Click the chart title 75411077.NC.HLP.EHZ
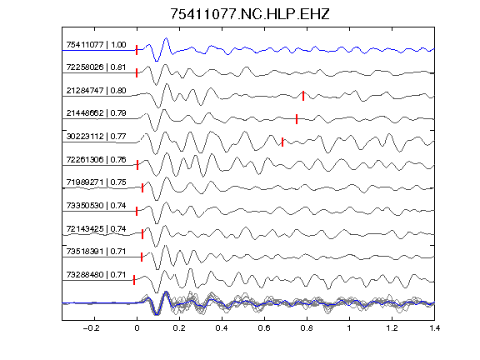pyautogui.click(x=250, y=14)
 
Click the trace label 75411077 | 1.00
pyautogui.click(x=96, y=45)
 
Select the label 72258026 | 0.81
pyautogui.click(x=96, y=67)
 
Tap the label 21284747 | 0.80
pyautogui.click(x=96, y=91)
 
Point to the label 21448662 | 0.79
pyautogui.click(x=96, y=113)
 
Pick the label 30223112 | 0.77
pyautogui.click(x=96, y=136)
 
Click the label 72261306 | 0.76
pyautogui.click(x=96, y=159)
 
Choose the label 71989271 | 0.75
pyautogui.click(x=96, y=182)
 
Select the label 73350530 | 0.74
pyautogui.click(x=96, y=205)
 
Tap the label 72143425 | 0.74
pyautogui.click(x=96, y=228)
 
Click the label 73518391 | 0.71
pyautogui.click(x=96, y=252)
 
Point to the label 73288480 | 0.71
pyautogui.click(x=96, y=275)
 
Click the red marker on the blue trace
pyautogui.click(x=137, y=50)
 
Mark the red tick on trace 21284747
pyautogui.click(x=303, y=96)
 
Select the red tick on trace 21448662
pyautogui.click(x=297, y=119)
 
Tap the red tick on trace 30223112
pyautogui.click(x=282, y=142)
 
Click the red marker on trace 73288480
pyautogui.click(x=134, y=280)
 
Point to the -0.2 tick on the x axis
pyautogui.click(x=91, y=328)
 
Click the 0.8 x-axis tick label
pyautogui.click(x=307, y=328)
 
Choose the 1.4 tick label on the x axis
pyautogui.click(x=435, y=328)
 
